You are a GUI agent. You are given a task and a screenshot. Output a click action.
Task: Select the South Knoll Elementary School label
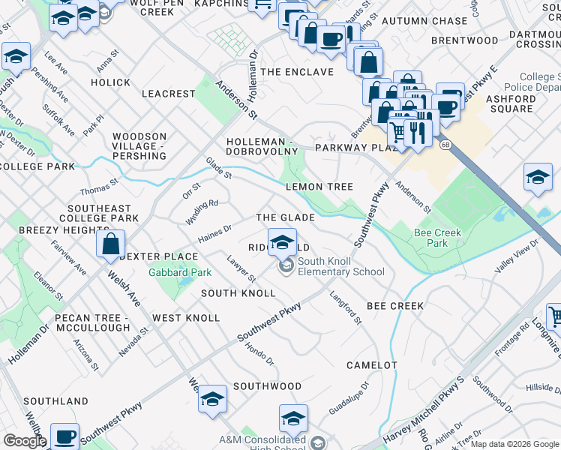[340, 266]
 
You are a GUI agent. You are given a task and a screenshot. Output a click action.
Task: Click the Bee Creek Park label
[437, 238]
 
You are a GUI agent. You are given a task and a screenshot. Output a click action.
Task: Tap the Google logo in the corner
[24, 440]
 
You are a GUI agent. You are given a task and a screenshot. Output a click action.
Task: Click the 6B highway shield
[445, 144]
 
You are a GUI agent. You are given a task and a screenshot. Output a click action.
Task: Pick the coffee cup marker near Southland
[66, 436]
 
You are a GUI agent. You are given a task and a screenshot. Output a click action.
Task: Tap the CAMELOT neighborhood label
[371, 365]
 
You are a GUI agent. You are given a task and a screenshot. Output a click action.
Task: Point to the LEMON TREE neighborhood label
[319, 187]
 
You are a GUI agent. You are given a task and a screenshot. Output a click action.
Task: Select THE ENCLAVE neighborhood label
[298, 72]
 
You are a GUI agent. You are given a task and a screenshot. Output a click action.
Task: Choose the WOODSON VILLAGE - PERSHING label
[139, 146]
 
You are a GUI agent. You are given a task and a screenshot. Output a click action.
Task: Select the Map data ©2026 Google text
[514, 444]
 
